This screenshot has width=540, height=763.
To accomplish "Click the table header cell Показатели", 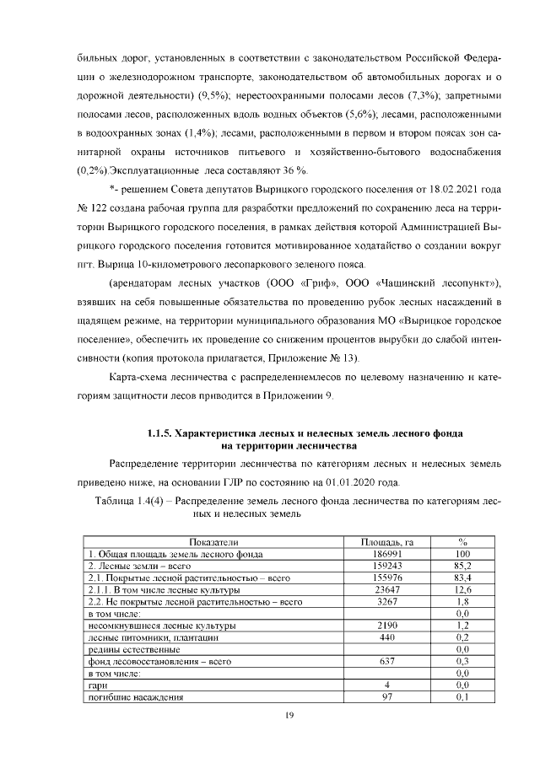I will tap(214, 541).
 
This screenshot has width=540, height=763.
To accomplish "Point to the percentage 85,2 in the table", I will tap(462, 567).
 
